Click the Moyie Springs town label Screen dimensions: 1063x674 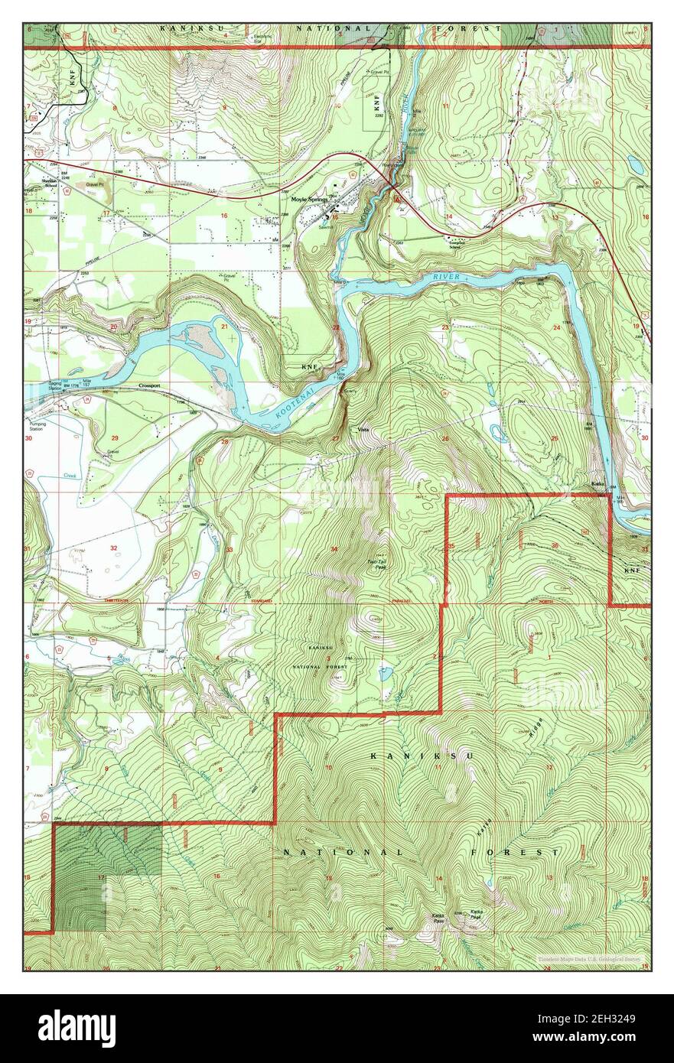[309, 200]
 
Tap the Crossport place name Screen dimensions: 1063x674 [150, 386]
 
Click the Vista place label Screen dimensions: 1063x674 [364, 430]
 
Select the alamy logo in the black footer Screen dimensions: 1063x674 [77, 1028]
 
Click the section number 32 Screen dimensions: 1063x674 [113, 548]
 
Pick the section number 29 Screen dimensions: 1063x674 [115, 437]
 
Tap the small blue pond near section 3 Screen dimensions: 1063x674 [385, 674]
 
